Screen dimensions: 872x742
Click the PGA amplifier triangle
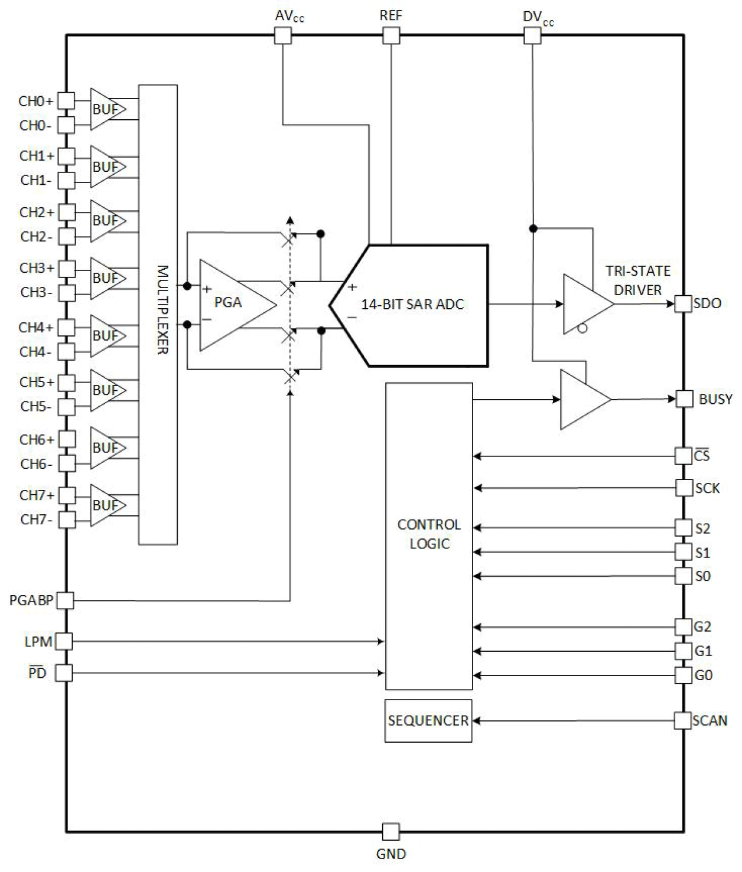(233, 304)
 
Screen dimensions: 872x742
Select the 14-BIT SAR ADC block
(414, 305)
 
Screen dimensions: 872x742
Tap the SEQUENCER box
(428, 721)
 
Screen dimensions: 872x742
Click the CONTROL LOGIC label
(429, 534)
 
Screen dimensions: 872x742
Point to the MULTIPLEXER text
(162, 310)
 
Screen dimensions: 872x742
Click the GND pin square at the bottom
(390, 832)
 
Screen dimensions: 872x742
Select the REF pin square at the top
(391, 36)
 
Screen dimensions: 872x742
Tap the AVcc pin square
(283, 36)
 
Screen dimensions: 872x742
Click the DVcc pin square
(532, 36)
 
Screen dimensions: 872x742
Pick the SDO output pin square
(684, 304)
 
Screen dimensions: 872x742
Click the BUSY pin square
(684, 399)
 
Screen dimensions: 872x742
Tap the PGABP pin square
(65, 601)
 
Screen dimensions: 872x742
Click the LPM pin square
(64, 641)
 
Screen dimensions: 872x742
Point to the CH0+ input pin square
(66, 101)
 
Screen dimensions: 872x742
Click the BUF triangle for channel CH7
(106, 505)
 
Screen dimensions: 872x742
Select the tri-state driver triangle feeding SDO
(585, 305)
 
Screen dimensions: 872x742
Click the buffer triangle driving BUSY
(582, 400)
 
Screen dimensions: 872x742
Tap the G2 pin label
(702, 626)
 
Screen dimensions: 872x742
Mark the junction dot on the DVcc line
(533, 228)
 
